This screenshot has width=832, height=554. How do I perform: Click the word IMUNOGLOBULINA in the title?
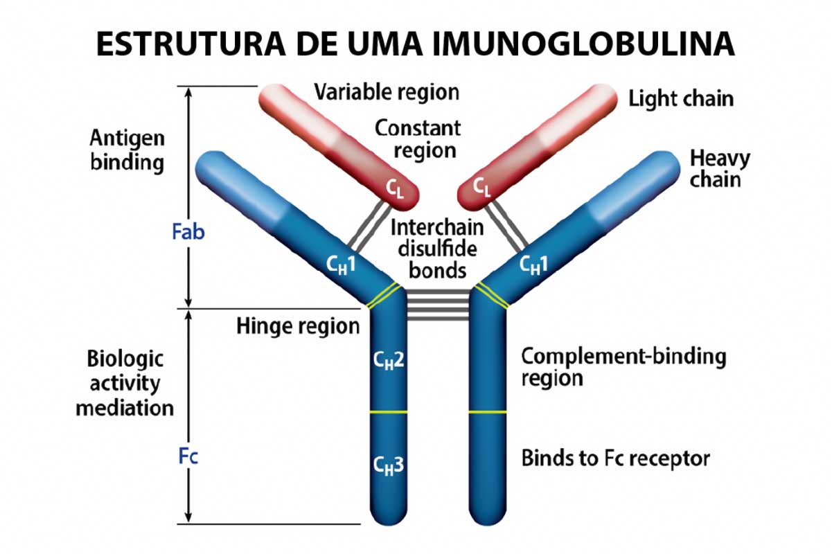click(583, 44)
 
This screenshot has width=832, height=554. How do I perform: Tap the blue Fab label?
click(188, 232)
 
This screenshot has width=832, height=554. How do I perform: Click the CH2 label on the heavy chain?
click(389, 360)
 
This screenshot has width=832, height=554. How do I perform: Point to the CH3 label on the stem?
click(389, 465)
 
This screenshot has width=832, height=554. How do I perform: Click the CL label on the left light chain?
click(394, 188)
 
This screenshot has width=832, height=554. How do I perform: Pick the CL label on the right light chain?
click(481, 187)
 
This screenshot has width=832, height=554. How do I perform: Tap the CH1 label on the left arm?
click(341, 265)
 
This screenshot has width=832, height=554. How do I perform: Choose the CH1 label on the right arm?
click(533, 265)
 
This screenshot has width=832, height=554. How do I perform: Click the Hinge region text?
click(299, 326)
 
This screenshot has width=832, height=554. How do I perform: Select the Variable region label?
click(387, 92)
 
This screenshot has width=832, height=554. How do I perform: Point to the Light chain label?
click(681, 99)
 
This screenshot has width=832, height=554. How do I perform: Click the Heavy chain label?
click(720, 169)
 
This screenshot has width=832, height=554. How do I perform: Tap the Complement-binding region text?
click(623, 367)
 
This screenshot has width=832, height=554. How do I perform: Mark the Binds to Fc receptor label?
click(615, 458)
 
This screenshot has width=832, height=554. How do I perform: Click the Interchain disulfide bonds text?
click(437, 249)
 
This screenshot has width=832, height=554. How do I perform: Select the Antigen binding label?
click(127, 150)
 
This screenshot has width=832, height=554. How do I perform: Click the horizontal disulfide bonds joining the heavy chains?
click(438, 305)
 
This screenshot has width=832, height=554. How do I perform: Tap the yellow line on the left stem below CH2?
click(389, 412)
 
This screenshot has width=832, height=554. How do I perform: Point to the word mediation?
click(125, 408)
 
